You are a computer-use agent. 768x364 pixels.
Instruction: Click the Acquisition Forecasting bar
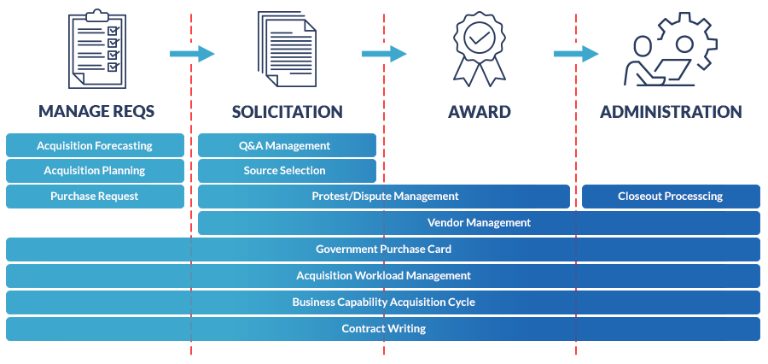(95, 145)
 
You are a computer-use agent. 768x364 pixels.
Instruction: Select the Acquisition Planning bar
(95, 171)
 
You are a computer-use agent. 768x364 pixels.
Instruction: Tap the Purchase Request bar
(95, 197)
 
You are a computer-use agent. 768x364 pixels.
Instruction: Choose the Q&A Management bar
(287, 145)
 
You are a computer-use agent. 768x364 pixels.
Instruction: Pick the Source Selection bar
(287, 171)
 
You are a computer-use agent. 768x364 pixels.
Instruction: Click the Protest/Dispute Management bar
(384, 197)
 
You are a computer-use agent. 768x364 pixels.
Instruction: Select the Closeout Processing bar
(671, 197)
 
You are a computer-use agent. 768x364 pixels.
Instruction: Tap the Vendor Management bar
(479, 223)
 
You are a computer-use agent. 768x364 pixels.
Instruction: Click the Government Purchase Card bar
(383, 250)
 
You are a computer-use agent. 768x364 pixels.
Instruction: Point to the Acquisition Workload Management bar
(383, 276)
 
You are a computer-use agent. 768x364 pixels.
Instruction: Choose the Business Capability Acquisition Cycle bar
(383, 302)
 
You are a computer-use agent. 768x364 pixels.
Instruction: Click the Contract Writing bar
(383, 329)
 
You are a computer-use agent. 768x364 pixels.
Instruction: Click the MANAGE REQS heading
(96, 112)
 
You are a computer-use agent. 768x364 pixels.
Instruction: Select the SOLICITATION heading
(288, 112)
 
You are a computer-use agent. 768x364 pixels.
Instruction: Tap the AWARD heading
(480, 112)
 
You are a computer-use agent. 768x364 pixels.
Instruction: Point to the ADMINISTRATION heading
(671, 112)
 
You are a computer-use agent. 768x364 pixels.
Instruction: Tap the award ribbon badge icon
(480, 49)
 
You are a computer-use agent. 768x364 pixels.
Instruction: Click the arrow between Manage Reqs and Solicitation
(192, 54)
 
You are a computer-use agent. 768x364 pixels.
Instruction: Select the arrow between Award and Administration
(576, 54)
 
